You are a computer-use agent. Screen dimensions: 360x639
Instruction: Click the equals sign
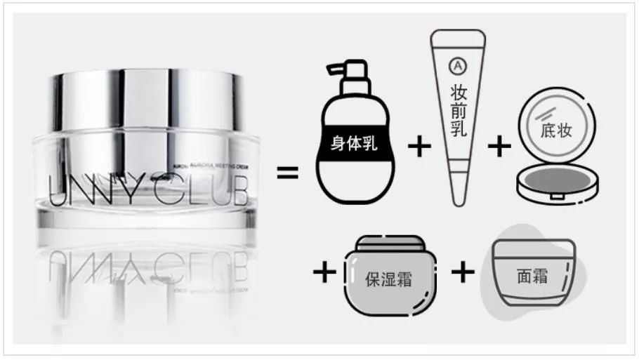[x=287, y=171]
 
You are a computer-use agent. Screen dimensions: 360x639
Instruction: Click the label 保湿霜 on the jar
[x=388, y=278]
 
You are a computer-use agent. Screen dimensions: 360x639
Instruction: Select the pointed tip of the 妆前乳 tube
[x=458, y=199]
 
